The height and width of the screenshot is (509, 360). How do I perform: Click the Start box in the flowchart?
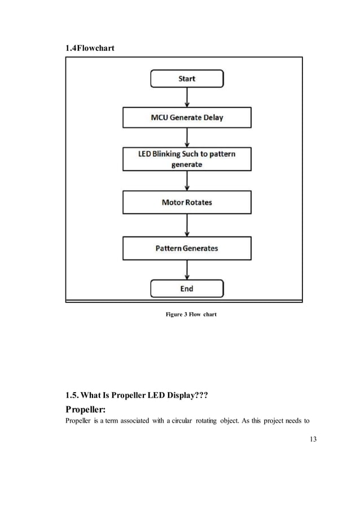[187, 78]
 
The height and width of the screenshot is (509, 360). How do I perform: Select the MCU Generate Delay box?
[187, 118]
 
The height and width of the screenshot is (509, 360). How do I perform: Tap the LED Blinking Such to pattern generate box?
[187, 159]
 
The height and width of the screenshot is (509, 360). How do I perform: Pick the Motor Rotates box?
[187, 203]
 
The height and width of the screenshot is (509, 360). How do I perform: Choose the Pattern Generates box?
[187, 248]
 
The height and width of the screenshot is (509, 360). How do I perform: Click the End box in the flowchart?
[187, 288]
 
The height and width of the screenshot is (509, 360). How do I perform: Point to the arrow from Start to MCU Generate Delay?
[187, 97]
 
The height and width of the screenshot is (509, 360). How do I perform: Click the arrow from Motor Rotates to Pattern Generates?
[187, 225]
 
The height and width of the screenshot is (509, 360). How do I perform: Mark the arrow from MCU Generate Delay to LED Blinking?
[187, 137]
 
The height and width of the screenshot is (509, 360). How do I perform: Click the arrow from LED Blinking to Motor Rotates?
[187, 181]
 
